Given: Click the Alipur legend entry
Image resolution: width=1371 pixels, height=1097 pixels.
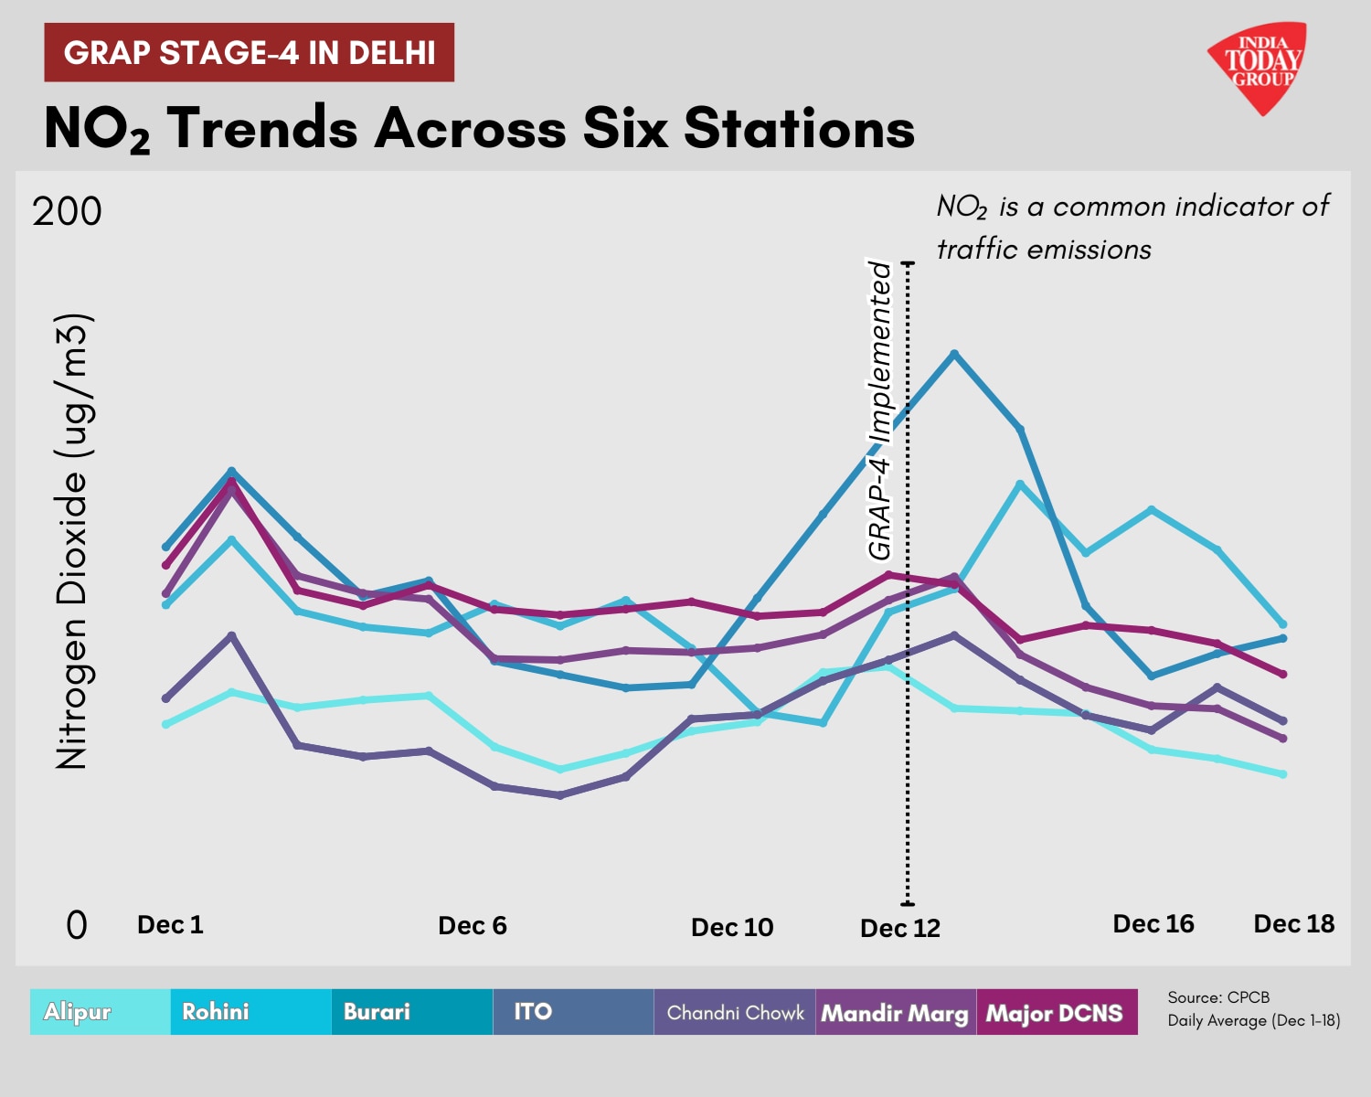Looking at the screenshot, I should [x=78, y=1012].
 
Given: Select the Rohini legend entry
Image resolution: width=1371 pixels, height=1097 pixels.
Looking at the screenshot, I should [x=216, y=1012].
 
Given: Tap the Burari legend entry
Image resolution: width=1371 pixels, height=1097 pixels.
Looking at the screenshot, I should [x=377, y=1012].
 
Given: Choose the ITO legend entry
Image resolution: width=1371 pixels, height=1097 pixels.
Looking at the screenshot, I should [x=533, y=1012].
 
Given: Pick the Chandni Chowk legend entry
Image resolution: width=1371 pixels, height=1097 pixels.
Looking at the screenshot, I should [x=735, y=1013].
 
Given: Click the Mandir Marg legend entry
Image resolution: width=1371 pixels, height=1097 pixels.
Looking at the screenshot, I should [x=895, y=1013].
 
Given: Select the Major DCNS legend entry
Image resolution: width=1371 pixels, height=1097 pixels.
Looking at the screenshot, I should [x=1054, y=1013].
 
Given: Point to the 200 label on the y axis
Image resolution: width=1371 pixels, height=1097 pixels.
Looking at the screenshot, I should [x=67, y=212].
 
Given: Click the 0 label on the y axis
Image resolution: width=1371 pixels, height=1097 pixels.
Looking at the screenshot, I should [x=77, y=925].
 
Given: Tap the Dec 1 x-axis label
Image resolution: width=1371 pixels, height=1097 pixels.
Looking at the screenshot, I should [x=170, y=925].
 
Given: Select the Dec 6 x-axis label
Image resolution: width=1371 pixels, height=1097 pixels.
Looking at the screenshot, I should [x=473, y=926].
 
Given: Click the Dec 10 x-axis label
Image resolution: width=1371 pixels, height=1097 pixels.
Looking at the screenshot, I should [x=732, y=928].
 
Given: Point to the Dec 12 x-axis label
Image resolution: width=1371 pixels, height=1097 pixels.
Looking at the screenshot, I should [x=900, y=929].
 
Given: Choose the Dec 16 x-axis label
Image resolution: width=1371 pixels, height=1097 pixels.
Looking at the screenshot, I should [x=1153, y=924].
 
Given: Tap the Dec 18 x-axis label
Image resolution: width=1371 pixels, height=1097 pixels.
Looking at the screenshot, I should [x=1294, y=924].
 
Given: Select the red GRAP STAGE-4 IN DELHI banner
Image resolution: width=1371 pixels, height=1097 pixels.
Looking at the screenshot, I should [x=250, y=53].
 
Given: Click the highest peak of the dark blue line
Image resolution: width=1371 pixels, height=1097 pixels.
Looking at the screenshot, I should [x=954, y=354].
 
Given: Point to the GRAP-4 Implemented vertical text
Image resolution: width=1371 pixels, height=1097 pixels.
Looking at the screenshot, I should [x=879, y=410].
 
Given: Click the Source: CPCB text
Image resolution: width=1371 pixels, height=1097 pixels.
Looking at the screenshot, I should [x=1218, y=997].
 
